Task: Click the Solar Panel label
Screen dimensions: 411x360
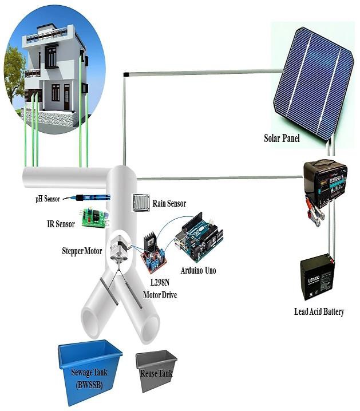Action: tap(282, 138)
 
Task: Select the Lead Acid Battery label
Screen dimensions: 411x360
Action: tap(319, 312)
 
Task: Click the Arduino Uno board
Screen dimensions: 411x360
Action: tap(201, 236)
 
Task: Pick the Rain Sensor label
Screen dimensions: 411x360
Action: tap(169, 203)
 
